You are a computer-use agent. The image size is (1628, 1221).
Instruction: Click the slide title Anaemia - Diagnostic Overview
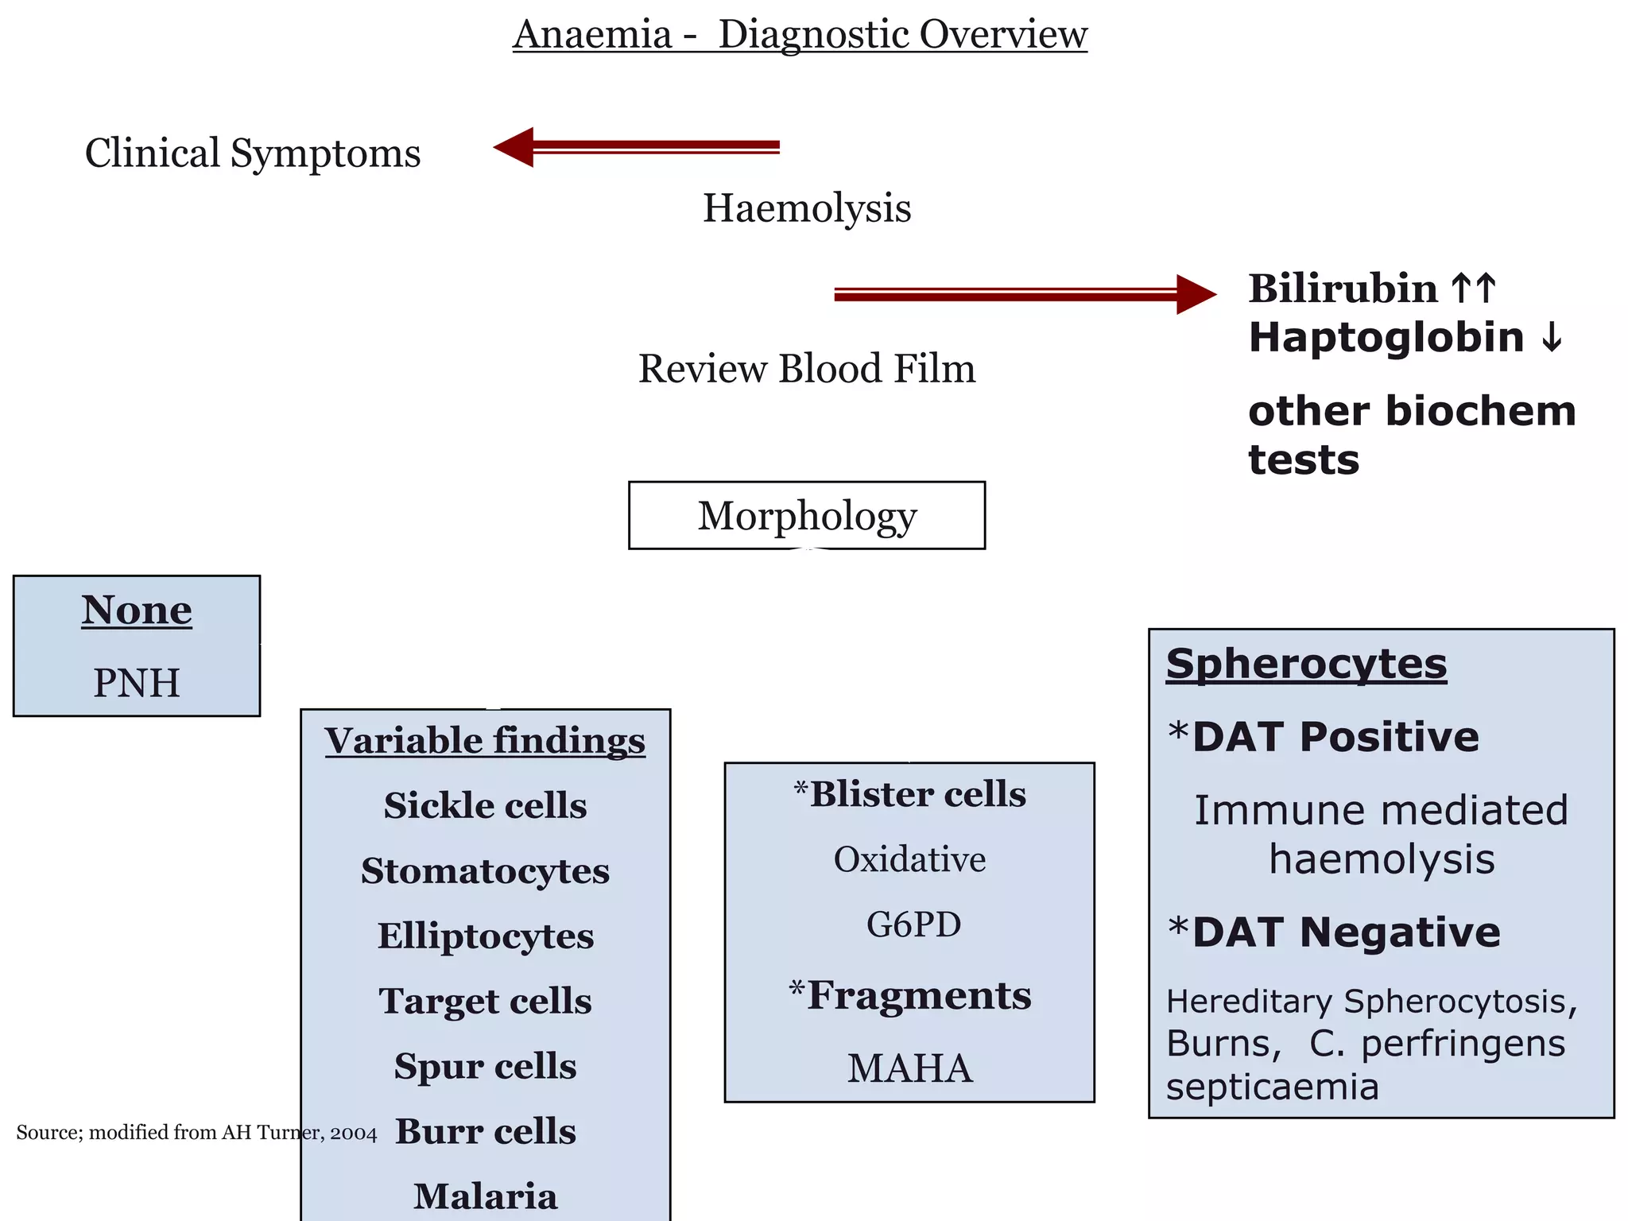(800, 35)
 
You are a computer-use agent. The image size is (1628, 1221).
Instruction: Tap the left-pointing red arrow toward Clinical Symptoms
(636, 147)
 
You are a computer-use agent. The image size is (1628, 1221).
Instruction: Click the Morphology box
(806, 515)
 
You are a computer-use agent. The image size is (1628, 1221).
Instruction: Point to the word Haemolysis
(806, 208)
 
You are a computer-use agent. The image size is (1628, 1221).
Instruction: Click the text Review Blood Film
(806, 369)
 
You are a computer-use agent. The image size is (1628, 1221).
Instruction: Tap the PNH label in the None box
(137, 683)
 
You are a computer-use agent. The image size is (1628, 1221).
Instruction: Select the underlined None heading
(137, 610)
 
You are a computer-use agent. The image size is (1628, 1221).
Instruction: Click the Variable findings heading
(485, 741)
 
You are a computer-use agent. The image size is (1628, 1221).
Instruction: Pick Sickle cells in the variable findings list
(485, 806)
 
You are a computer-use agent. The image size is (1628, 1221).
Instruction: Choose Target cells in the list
(485, 1002)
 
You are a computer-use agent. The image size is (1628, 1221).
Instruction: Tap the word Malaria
(485, 1196)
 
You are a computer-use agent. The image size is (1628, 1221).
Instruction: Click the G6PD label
(913, 924)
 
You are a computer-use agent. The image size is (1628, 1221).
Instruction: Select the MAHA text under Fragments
(909, 1068)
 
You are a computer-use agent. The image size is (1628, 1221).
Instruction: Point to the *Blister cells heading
(909, 794)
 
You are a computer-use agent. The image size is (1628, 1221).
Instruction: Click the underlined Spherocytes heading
(1306, 664)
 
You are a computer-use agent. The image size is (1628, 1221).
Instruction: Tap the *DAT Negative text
(1334, 932)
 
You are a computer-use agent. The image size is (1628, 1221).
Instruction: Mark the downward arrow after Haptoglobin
(1551, 339)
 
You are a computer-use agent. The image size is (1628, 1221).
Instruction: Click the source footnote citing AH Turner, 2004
(196, 1132)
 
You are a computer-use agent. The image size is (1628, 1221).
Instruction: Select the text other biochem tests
(1411, 435)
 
